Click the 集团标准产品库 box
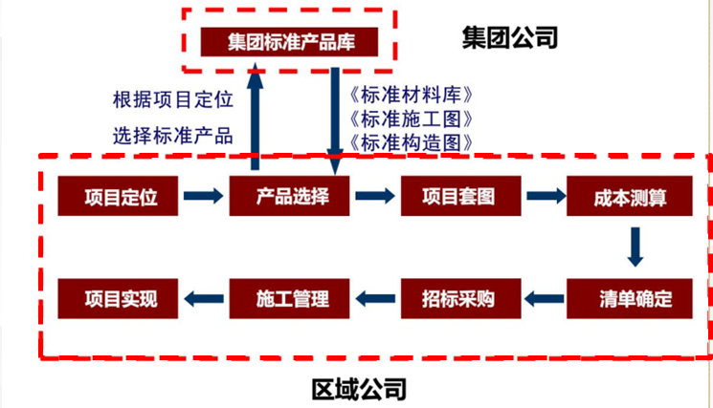[289, 42]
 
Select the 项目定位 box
[120, 197]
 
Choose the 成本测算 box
[630, 197]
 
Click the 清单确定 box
[630, 298]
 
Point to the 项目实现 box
[120, 298]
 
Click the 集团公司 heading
[508, 38]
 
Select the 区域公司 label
[359, 389]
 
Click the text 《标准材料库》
[413, 96]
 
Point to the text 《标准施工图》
[413, 119]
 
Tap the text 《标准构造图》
[413, 143]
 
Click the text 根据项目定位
[173, 99]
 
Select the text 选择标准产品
[173, 135]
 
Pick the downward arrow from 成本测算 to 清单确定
[634, 247]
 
